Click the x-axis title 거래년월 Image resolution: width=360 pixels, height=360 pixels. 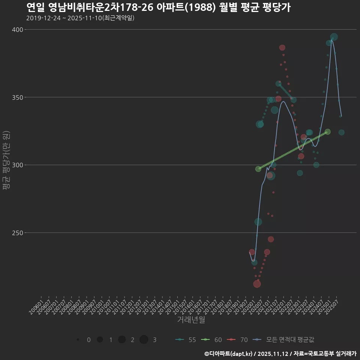click(x=191, y=320)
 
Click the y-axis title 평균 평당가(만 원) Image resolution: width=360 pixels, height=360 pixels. click(x=6, y=161)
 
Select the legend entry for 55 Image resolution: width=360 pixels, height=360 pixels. click(x=186, y=340)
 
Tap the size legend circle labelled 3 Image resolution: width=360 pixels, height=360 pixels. click(x=144, y=340)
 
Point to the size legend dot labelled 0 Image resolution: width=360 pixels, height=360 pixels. click(x=78, y=340)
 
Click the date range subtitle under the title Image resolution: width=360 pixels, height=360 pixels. click(x=80, y=18)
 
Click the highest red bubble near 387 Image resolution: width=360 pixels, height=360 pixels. click(x=282, y=48)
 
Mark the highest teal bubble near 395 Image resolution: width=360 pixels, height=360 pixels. click(x=334, y=37)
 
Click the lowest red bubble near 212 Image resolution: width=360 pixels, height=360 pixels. click(x=257, y=284)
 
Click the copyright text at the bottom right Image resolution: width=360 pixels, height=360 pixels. click(x=280, y=353)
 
